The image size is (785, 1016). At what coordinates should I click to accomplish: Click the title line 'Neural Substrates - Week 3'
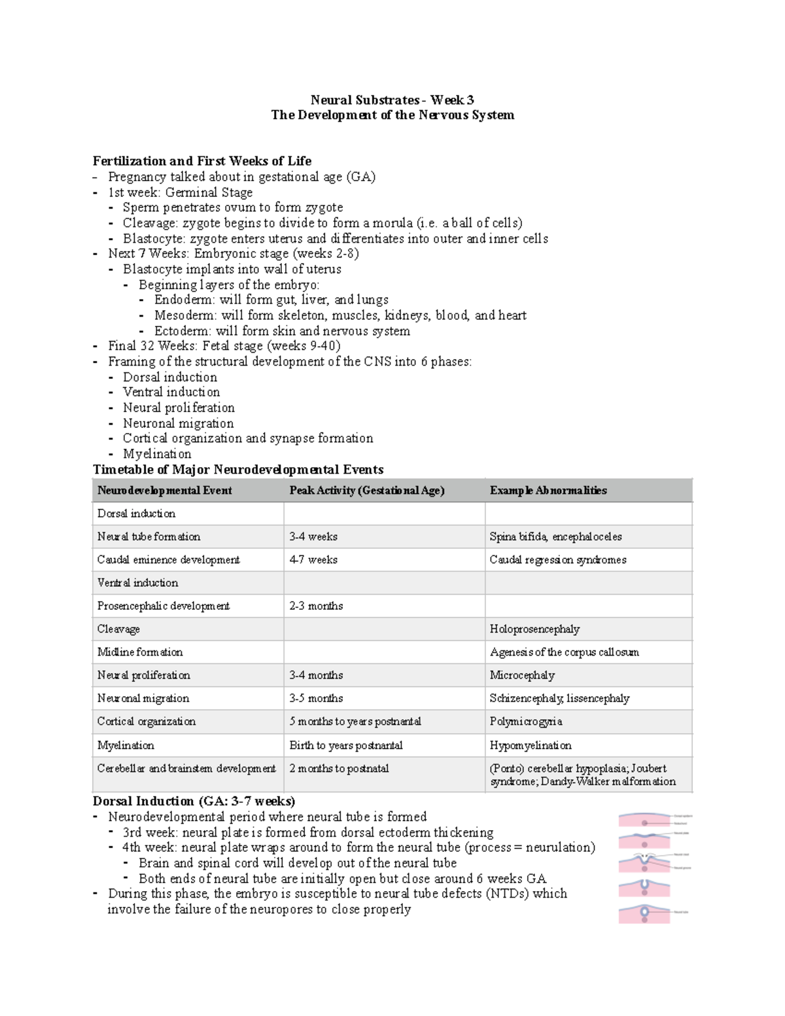pyautogui.click(x=392, y=100)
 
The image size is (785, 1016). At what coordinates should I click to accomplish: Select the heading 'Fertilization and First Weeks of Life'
pyautogui.click(x=201, y=161)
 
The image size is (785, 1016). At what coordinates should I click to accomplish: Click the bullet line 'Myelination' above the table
pyautogui.click(x=157, y=454)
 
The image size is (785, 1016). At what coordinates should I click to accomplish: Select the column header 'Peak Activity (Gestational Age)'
pyautogui.click(x=366, y=491)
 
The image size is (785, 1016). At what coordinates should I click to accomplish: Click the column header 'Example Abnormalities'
pyautogui.click(x=548, y=491)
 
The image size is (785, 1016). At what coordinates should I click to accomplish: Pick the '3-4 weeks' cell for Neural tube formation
pyautogui.click(x=313, y=536)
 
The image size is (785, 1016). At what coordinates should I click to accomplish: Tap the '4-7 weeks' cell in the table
pyautogui.click(x=313, y=560)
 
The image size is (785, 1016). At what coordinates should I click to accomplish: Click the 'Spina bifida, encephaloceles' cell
pyautogui.click(x=555, y=536)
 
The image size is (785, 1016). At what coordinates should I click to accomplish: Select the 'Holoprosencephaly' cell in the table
pyautogui.click(x=534, y=629)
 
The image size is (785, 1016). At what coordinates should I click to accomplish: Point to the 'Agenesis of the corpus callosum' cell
pyautogui.click(x=564, y=652)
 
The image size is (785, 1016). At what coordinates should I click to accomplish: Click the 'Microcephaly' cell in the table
pyautogui.click(x=522, y=675)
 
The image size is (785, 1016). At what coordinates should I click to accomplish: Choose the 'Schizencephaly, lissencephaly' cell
pyautogui.click(x=559, y=699)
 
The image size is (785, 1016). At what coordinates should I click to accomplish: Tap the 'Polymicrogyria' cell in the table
pyautogui.click(x=526, y=722)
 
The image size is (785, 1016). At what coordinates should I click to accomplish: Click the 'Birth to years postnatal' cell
pyautogui.click(x=346, y=746)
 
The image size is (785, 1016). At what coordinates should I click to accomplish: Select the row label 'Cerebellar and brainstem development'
pyautogui.click(x=186, y=769)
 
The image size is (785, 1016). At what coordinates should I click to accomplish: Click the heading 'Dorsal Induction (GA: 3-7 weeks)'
pyautogui.click(x=194, y=801)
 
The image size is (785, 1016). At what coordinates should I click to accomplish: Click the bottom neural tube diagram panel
pyautogui.click(x=645, y=913)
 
